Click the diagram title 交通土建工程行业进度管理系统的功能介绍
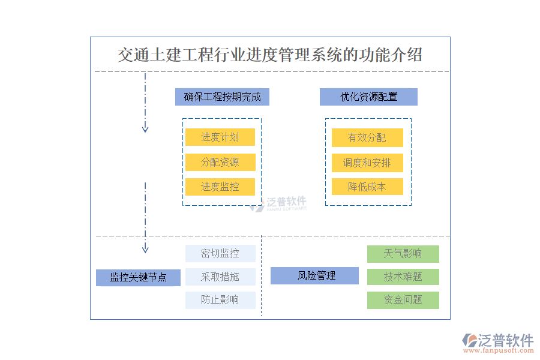click(x=270, y=55)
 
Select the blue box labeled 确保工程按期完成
click(x=222, y=97)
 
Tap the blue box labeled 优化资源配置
click(x=368, y=97)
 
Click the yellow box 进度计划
click(x=220, y=137)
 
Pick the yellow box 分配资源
click(x=220, y=162)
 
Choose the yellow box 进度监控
click(x=220, y=187)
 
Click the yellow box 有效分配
click(x=367, y=138)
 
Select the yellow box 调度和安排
click(x=367, y=163)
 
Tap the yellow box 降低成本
click(x=367, y=187)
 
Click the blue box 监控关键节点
click(x=138, y=278)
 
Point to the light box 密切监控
click(x=220, y=254)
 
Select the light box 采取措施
click(x=220, y=277)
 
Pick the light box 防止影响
click(x=220, y=300)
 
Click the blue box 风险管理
click(x=314, y=276)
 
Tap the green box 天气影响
click(x=403, y=254)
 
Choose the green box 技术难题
click(x=403, y=277)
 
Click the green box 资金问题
click(x=403, y=300)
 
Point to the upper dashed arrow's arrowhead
click(x=145, y=128)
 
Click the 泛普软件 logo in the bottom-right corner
click(x=497, y=343)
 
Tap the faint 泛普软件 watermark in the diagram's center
click(x=278, y=204)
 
